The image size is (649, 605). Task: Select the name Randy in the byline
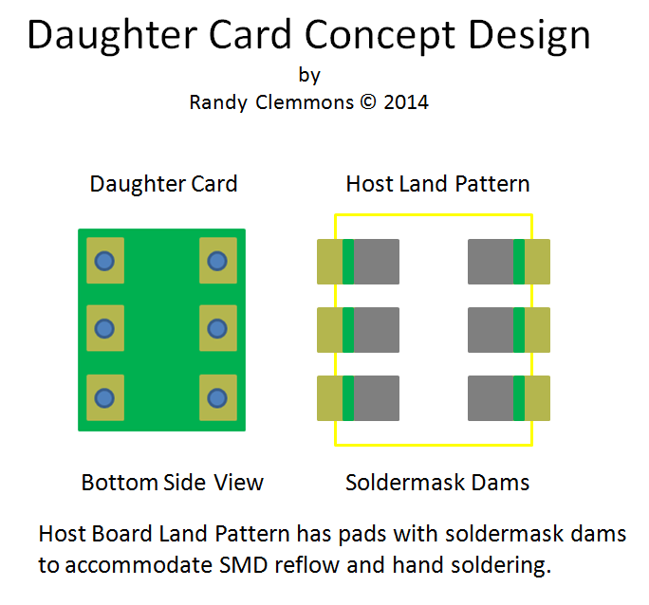[x=218, y=102]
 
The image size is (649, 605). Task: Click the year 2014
[x=406, y=102]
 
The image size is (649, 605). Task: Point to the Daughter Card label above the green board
[x=163, y=183]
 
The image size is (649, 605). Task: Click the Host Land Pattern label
[x=437, y=183]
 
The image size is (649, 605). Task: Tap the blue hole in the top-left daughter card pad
[x=104, y=261]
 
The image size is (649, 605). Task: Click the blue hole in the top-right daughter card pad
[x=217, y=261]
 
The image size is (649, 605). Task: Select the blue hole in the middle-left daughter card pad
[x=104, y=329]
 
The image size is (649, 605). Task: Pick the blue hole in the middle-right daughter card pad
[x=217, y=329]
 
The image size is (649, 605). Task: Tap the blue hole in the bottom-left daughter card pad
[x=104, y=397]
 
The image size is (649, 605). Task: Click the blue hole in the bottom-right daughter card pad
[x=217, y=397]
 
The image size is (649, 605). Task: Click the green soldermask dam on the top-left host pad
[x=348, y=262]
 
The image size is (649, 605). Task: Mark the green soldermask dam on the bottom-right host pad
[x=519, y=398]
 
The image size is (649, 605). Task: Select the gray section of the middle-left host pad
[x=376, y=330]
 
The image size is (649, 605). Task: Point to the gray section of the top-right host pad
[x=491, y=262]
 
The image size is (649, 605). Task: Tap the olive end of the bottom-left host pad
[x=329, y=398]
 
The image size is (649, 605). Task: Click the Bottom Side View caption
[x=172, y=483]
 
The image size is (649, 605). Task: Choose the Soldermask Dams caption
[x=437, y=483]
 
